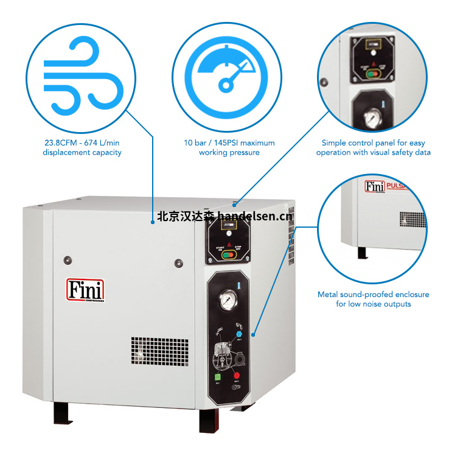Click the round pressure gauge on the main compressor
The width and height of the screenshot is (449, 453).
(230, 300)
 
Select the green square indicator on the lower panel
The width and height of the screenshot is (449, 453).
(216, 376)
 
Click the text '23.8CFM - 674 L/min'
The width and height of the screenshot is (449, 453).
(82, 142)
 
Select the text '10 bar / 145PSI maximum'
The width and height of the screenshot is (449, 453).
(229, 142)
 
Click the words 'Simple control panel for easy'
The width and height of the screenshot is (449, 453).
(373, 142)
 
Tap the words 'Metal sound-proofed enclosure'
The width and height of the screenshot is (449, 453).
(373, 294)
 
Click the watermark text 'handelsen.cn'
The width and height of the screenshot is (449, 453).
(255, 216)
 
